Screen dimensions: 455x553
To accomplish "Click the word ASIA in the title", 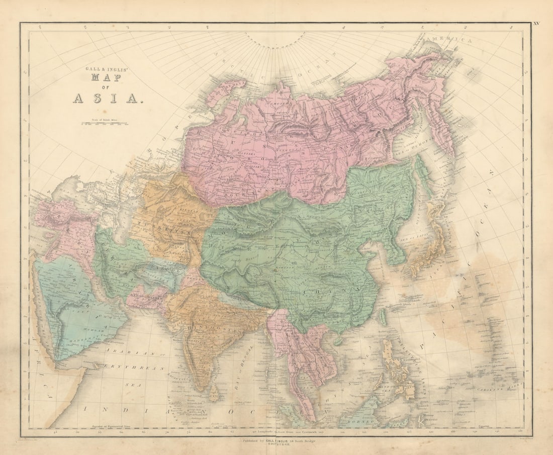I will [x=108, y=98].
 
